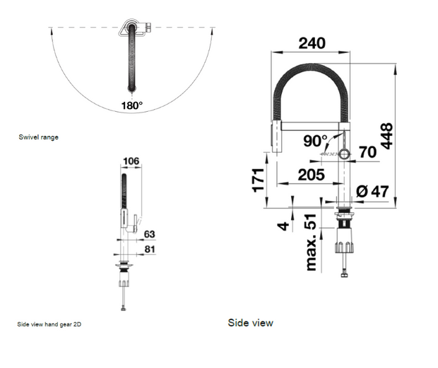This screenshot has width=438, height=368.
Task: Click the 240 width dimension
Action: tap(312, 43)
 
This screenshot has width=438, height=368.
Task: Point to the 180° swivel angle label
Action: tap(131, 105)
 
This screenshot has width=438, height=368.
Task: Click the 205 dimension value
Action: tap(311, 175)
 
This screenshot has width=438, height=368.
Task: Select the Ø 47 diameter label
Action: tap(372, 190)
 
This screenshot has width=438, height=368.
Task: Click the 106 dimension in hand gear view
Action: tap(132, 161)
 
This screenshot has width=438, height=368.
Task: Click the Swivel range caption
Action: tap(38, 137)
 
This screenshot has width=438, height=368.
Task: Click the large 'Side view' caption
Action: tap(250, 323)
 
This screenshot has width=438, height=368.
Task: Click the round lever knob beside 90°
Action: tap(344, 154)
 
